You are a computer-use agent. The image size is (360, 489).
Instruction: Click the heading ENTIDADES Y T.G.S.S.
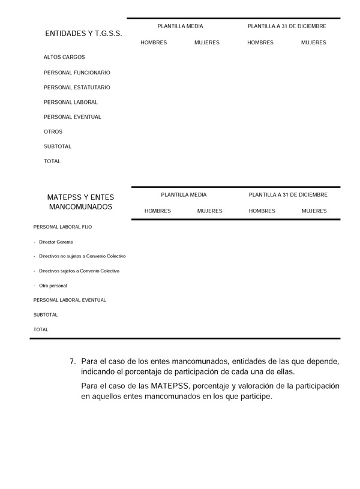pyautogui.click(x=83, y=34)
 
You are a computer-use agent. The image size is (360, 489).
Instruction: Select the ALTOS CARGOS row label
pyautogui.click(x=64, y=58)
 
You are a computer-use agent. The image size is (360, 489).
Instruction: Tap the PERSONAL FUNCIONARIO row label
pyautogui.click(x=77, y=73)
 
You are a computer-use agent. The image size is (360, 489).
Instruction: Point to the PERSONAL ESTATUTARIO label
pyautogui.click(x=77, y=88)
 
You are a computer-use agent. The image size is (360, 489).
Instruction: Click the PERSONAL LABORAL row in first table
pyautogui.click(x=71, y=102)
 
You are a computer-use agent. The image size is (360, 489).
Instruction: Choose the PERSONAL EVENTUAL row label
pyautogui.click(x=73, y=117)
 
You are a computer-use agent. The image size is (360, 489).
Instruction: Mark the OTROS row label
pyautogui.click(x=53, y=132)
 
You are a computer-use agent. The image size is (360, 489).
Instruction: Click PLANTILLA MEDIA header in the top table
pyautogui.click(x=180, y=26)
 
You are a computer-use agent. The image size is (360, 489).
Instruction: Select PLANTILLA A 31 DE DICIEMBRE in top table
pyautogui.click(x=287, y=26)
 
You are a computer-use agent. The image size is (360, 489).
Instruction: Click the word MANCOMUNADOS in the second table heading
pyautogui.click(x=80, y=207)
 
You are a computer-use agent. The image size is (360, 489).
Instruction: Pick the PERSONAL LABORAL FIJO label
pyautogui.click(x=63, y=227)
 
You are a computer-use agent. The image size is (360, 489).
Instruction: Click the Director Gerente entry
pyautogui.click(x=56, y=242)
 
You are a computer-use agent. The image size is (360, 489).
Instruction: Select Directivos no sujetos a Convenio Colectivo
pyautogui.click(x=82, y=256)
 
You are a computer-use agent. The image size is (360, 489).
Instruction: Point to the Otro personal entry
pyautogui.click(x=53, y=286)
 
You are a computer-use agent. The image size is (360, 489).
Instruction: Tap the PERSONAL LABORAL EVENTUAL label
pyautogui.click(x=70, y=300)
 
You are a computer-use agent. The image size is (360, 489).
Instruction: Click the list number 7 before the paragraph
pyautogui.click(x=72, y=362)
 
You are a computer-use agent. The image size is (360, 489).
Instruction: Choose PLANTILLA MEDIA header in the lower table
pyautogui.click(x=184, y=195)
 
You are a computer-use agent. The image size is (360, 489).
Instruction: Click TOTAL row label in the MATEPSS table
pyautogui.click(x=41, y=329)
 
